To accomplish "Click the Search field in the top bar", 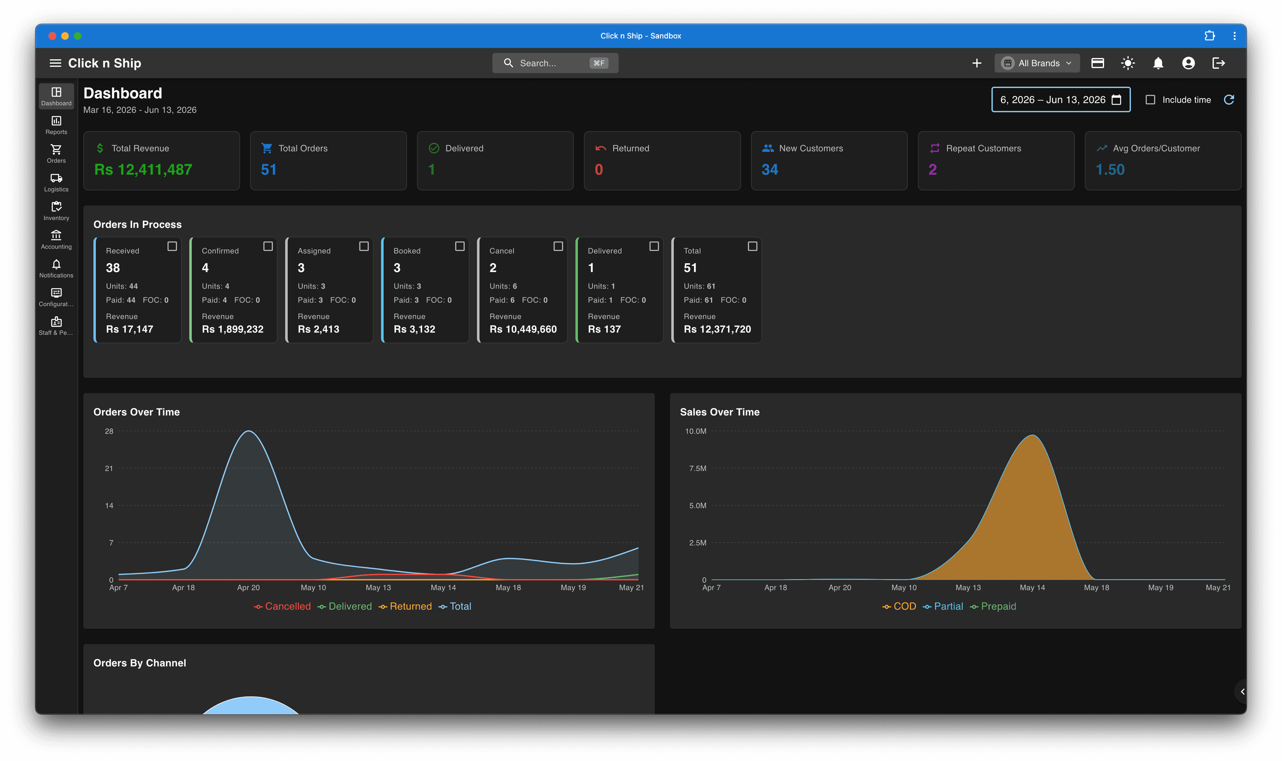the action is (x=555, y=63).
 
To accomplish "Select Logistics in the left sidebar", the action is (x=56, y=182).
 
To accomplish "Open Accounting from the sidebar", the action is (x=56, y=240).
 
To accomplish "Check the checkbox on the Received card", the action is (x=172, y=246).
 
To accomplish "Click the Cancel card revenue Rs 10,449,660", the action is (x=523, y=329).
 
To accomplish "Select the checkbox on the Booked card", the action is (x=460, y=246).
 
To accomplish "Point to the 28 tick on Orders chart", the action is (x=109, y=431).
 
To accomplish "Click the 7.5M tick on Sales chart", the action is (x=698, y=468).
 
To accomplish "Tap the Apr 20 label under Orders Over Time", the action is (x=248, y=588).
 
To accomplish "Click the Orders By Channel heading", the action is (x=140, y=663).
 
